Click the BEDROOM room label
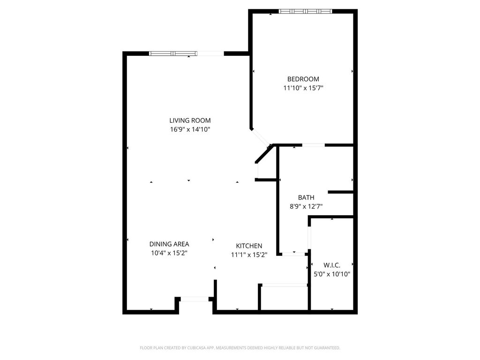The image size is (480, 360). pyautogui.click(x=303, y=79)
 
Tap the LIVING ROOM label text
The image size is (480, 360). pyautogui.click(x=190, y=120)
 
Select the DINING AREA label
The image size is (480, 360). pyautogui.click(x=169, y=244)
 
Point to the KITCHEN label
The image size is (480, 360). pyautogui.click(x=249, y=246)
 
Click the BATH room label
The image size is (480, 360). pyautogui.click(x=306, y=197)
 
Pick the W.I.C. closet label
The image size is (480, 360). pyautogui.click(x=332, y=265)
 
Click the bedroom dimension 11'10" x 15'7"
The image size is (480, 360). pyautogui.click(x=303, y=88)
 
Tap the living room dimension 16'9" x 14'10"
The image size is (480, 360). pyautogui.click(x=190, y=129)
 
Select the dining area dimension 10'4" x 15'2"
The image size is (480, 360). pyautogui.click(x=169, y=253)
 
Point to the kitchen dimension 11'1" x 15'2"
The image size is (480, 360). pyautogui.click(x=249, y=255)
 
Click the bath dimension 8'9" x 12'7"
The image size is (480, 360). pyautogui.click(x=306, y=206)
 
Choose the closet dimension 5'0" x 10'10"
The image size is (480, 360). pyautogui.click(x=332, y=274)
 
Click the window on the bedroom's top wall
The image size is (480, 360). pyautogui.click(x=305, y=11)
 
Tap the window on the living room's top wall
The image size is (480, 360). pyautogui.click(x=173, y=53)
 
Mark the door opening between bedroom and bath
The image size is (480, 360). pyautogui.click(x=314, y=145)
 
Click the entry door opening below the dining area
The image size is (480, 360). pyautogui.click(x=195, y=299)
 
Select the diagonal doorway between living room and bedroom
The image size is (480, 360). pyautogui.click(x=261, y=137)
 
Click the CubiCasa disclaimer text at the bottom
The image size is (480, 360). pyautogui.click(x=240, y=348)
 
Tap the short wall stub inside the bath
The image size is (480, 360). pyautogui.click(x=341, y=192)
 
